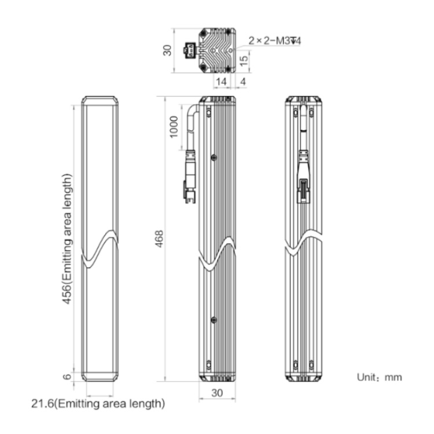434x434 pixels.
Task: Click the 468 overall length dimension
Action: coord(160,239)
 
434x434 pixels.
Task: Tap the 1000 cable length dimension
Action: coord(174,127)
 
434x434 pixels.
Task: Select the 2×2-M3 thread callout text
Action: coord(274,41)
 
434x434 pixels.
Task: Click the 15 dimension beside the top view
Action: coord(244,61)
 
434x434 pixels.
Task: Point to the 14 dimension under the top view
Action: coord(221,82)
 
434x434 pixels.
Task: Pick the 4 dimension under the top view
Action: coord(243,82)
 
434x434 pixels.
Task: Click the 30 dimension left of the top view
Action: coord(167,50)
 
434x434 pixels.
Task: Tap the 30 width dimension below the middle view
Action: coord(217,393)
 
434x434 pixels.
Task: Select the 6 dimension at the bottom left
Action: coord(68,376)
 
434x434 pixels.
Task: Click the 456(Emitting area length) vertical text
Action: coord(67,239)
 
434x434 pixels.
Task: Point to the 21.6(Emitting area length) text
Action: coord(98,403)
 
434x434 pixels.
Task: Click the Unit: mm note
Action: coord(379,377)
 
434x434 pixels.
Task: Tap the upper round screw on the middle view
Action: coord(214,157)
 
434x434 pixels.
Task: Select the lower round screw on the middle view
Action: coord(214,320)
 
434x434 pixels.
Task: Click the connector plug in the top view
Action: coord(190,50)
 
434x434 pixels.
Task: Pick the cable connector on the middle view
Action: coord(190,176)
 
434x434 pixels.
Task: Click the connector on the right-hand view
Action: coord(304,176)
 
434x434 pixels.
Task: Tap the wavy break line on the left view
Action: coord(100,249)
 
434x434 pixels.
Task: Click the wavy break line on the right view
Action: coord(304,242)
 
